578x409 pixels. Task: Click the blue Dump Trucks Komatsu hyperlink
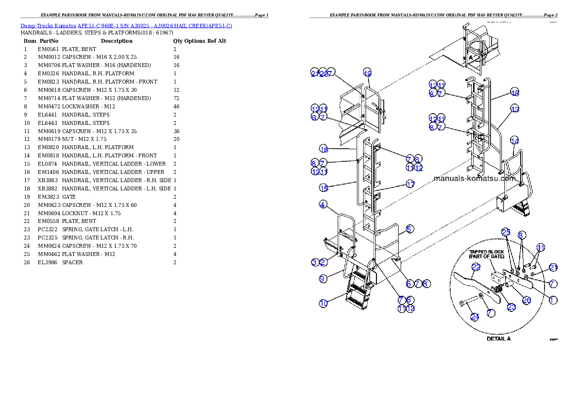point(126,25)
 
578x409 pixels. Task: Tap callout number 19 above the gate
point(368,73)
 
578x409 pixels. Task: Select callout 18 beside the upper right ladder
point(515,93)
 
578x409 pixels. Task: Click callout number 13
point(515,109)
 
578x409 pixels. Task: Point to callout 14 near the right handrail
point(514,140)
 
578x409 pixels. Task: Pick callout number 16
point(323,149)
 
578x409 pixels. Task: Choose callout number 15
point(323,188)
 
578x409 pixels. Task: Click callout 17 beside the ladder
point(410,185)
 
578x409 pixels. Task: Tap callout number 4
point(323,204)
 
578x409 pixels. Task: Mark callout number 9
point(323,279)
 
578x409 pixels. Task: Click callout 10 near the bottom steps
point(323,304)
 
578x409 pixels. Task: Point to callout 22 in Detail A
point(476,267)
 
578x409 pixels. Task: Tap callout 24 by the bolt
point(475,317)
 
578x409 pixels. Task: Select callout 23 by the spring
point(511,307)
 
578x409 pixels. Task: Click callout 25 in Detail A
point(506,232)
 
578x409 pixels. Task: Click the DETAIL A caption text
point(498,339)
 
